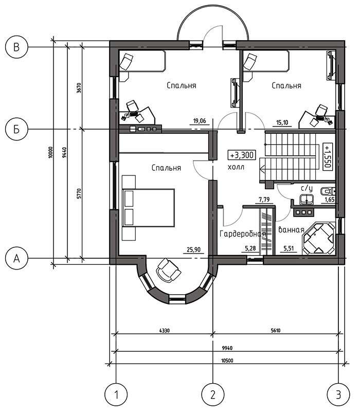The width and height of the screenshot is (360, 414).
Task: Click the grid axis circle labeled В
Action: pos(16,47)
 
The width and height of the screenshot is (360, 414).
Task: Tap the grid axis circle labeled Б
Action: pos(16,129)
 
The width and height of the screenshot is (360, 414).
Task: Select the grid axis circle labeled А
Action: pos(16,258)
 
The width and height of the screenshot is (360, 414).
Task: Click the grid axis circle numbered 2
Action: pos(213,395)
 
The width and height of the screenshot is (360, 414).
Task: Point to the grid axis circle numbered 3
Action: pos(338,395)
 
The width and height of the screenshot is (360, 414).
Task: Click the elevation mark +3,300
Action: pos(242,155)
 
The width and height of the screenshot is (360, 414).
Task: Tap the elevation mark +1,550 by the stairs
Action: pos(328,156)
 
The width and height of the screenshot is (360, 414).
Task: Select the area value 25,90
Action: pos(193,249)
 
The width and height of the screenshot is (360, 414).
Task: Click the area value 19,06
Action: pos(200,121)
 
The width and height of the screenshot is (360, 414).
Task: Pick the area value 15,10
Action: pos(282,122)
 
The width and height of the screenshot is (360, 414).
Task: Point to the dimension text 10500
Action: pos(227,361)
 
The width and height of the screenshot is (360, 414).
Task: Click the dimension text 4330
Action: pos(164,331)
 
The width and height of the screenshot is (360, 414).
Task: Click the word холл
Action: pos(236,167)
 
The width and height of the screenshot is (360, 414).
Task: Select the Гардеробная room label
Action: pos(242,234)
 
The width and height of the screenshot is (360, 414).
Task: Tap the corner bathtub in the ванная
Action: pos(319,239)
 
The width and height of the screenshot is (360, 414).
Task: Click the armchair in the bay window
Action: pos(168,270)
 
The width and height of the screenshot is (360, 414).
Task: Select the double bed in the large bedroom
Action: pos(148,208)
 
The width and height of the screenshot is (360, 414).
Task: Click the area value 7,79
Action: pos(264,200)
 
